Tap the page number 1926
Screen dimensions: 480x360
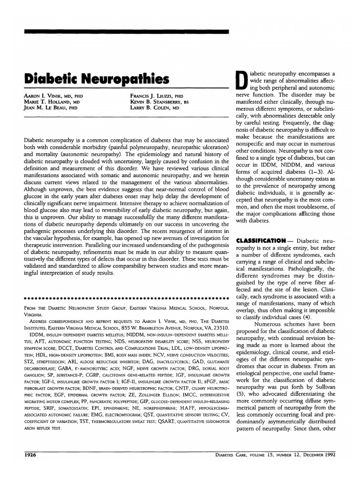pos(30,455)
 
